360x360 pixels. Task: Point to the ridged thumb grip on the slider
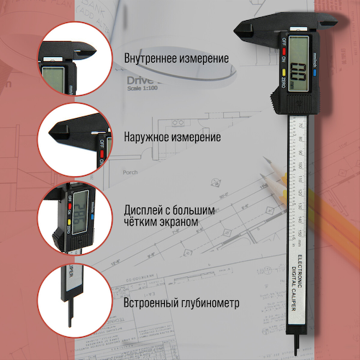tap(280, 102)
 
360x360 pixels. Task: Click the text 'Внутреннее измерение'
tap(176, 58)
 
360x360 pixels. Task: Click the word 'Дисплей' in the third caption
tap(144, 210)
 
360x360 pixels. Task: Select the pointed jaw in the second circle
tap(58, 135)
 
